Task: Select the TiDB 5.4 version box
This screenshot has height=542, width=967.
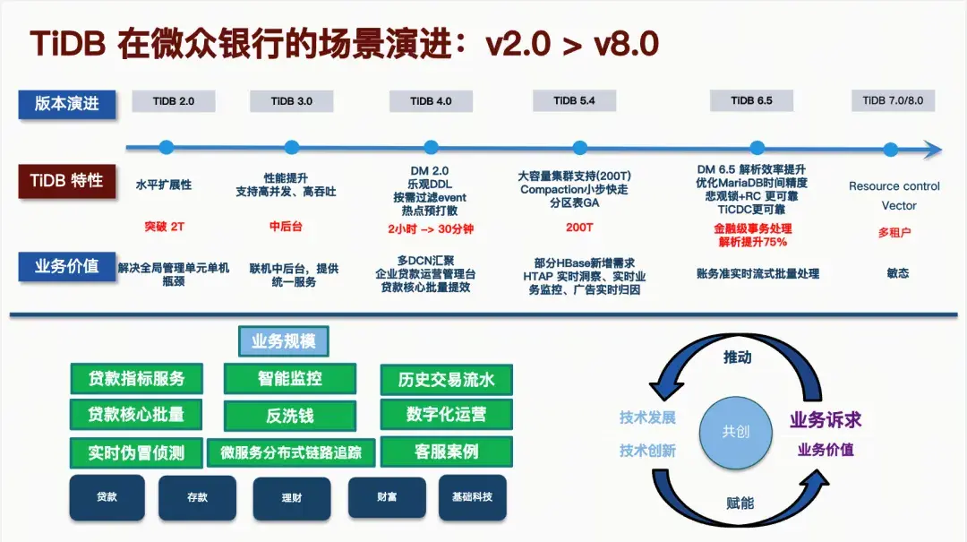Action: tap(573, 101)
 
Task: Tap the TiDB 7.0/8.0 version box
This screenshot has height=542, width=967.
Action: tap(892, 100)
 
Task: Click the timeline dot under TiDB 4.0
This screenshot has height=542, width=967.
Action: tap(431, 148)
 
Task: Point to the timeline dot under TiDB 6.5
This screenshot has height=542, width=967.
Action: tap(757, 148)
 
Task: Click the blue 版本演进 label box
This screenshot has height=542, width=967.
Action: tap(67, 103)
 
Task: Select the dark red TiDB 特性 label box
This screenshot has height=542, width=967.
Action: tap(67, 180)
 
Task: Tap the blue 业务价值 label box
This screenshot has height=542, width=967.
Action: tap(67, 266)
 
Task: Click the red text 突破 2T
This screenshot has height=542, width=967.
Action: tap(164, 227)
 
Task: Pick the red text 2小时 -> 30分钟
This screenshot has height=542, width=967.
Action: tap(431, 229)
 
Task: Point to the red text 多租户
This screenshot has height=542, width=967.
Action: tap(894, 232)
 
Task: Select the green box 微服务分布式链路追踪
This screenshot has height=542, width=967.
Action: tap(291, 452)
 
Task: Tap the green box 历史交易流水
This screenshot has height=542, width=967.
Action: tap(446, 380)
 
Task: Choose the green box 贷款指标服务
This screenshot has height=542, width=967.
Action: tap(136, 378)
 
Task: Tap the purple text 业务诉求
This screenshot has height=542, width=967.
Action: tap(825, 419)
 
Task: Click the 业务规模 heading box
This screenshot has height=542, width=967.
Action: tap(283, 341)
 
